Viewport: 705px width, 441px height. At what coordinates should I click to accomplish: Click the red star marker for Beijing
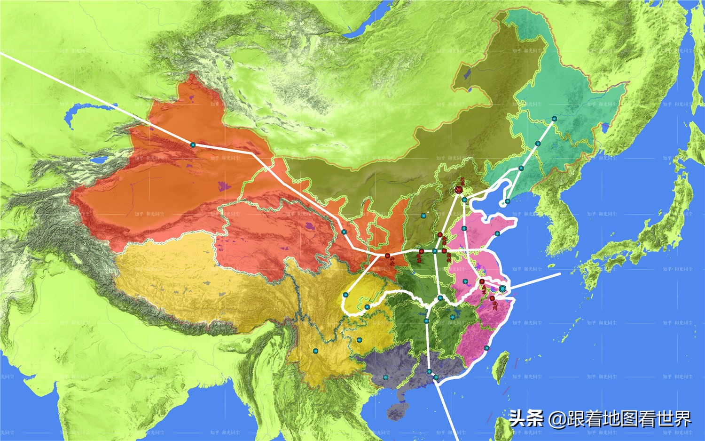459,190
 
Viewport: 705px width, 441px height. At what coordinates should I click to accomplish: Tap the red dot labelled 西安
387,256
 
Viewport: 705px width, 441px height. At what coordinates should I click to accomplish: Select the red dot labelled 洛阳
421,251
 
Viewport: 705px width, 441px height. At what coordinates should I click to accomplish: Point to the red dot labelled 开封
444,251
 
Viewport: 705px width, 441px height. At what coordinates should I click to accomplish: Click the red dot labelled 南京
482,281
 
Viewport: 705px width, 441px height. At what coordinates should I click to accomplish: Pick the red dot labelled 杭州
492,298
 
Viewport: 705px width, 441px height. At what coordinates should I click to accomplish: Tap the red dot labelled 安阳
440,234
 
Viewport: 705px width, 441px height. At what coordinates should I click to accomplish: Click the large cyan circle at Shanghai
502,289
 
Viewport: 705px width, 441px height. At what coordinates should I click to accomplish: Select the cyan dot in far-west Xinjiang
192,145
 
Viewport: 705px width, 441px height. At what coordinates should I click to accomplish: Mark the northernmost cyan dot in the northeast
554,119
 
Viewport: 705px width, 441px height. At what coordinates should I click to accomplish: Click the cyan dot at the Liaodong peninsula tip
508,201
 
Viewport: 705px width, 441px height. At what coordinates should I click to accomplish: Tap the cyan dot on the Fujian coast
486,348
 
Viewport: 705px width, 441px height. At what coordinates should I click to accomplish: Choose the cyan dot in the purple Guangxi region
385,377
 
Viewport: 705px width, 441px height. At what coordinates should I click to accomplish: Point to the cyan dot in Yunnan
315,351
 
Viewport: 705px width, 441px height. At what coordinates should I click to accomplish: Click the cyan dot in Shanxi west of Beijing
423,216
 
